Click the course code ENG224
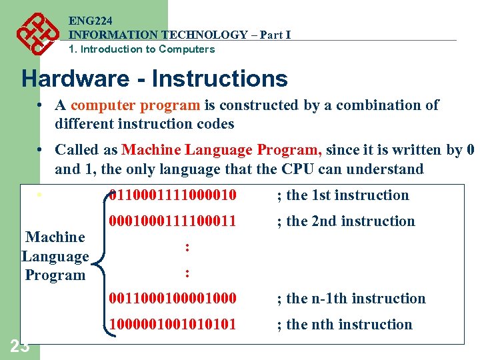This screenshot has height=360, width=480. point(87,21)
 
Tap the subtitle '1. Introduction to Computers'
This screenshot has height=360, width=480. point(141,49)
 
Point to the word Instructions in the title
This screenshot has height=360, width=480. point(220,79)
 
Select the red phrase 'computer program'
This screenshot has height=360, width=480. point(135,105)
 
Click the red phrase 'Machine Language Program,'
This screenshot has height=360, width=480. point(223,150)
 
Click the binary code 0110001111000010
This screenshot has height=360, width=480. point(172,195)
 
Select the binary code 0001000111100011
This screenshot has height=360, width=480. point(172,221)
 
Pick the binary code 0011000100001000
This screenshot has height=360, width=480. point(172,299)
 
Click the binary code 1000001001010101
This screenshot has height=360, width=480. point(172,325)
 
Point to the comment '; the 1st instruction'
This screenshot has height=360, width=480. point(343,195)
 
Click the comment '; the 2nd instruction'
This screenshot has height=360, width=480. point(346,221)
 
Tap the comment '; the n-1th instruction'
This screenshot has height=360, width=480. point(351,299)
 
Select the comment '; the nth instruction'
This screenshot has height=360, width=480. point(345,325)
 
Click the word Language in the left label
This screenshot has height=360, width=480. point(55,256)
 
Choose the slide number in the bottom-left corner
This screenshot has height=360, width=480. point(19,346)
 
